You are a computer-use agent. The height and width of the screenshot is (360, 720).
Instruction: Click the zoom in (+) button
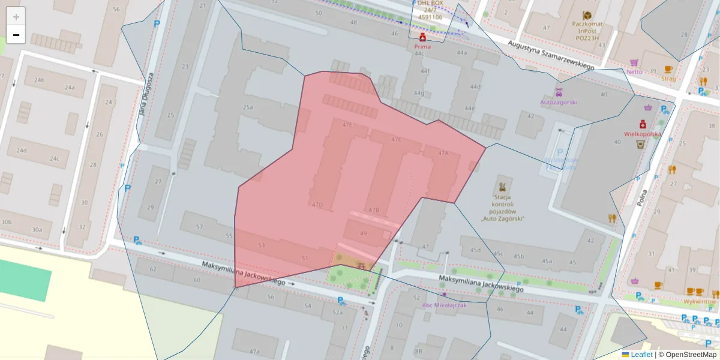coord(16,16)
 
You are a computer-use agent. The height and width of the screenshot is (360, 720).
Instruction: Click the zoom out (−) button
coord(16,35)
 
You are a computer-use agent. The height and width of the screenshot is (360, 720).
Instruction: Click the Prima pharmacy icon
coord(422,37)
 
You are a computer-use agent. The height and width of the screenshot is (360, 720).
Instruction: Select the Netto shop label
coord(634,71)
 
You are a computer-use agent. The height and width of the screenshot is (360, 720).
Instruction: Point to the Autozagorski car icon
coord(559,92)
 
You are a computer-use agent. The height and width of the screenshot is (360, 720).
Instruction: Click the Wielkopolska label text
coord(643,134)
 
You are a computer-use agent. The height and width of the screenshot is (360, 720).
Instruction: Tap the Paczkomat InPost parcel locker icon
coord(586,15)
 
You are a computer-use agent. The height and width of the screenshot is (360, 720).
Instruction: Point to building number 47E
coord(347,125)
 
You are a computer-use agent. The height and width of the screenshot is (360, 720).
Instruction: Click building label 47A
coord(443,154)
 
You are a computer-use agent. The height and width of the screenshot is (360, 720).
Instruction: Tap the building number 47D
coord(317,205)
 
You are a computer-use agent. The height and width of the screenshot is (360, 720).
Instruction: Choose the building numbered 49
coord(363,233)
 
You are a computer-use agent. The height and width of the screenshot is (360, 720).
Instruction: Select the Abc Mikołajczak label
coord(444,305)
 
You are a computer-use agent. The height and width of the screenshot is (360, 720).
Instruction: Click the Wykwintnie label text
coord(700,301)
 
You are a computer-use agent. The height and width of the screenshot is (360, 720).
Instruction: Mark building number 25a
coord(248,107)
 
